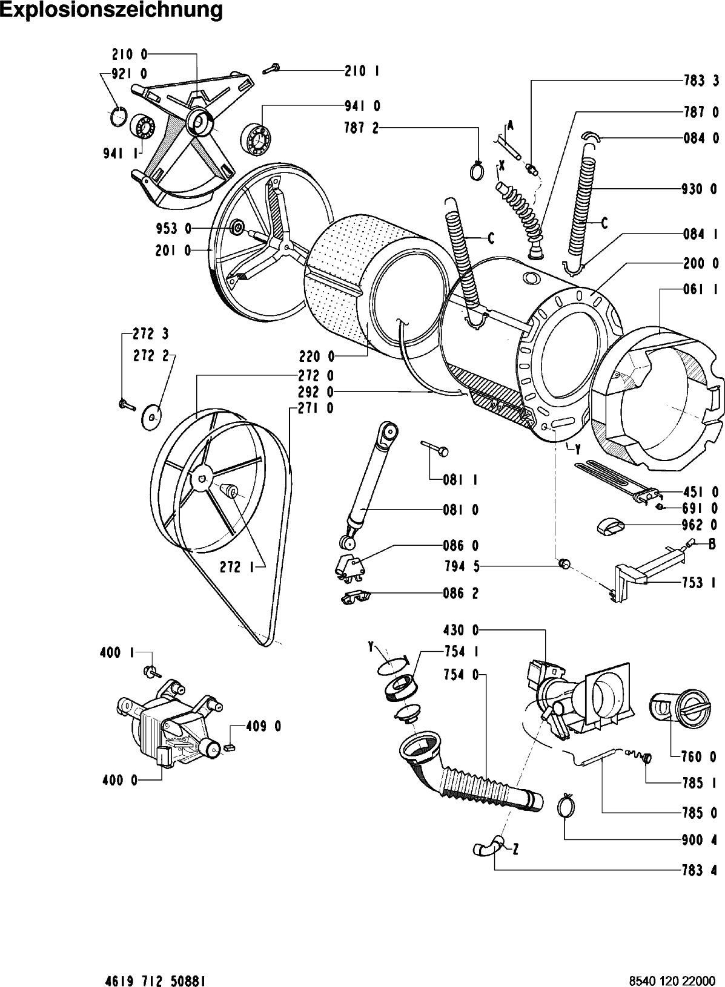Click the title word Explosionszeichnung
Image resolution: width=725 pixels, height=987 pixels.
[x=113, y=10]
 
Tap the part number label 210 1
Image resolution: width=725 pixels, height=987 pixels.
[x=362, y=71]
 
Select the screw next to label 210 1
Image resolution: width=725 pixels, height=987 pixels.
[x=271, y=69]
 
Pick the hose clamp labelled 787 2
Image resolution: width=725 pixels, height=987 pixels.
[x=477, y=169]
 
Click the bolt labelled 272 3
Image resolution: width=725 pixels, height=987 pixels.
[x=127, y=404]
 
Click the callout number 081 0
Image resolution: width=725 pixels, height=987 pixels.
[x=461, y=510]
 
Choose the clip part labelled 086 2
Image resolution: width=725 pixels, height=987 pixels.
[x=355, y=597]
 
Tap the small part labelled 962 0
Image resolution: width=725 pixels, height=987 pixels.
[x=610, y=527]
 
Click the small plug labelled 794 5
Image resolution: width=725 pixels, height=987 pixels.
[x=564, y=563]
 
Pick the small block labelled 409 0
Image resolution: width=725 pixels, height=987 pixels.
[x=229, y=746]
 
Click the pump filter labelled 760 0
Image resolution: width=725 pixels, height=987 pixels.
[x=680, y=706]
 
